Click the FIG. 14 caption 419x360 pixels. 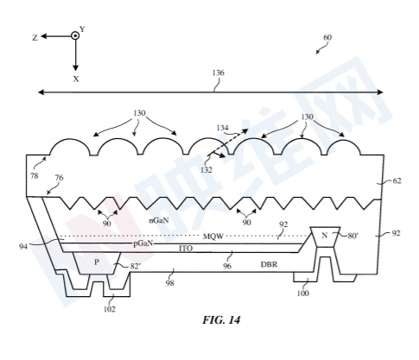pyautogui.click(x=221, y=320)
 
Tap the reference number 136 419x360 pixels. pyautogui.click(x=218, y=73)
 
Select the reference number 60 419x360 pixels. pyautogui.click(x=327, y=38)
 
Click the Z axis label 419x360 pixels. pyautogui.click(x=35, y=38)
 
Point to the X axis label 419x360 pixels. pyautogui.click(x=76, y=79)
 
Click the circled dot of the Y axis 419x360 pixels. pyautogui.click(x=75, y=35)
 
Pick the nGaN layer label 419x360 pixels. pyautogui.click(x=159, y=220)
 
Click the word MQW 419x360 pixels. pyautogui.click(x=213, y=237)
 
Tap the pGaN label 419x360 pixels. pyautogui.click(x=143, y=243)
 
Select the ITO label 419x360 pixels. pyautogui.click(x=186, y=249)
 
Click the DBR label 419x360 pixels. pyautogui.click(x=269, y=264)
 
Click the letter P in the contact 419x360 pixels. pyautogui.click(x=97, y=262)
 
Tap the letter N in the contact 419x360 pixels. pyautogui.click(x=325, y=236)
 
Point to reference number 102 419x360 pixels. pyautogui.click(x=110, y=309)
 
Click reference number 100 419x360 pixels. pyautogui.click(x=302, y=294)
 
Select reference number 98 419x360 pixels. pyautogui.click(x=170, y=283)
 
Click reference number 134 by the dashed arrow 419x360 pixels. pyautogui.click(x=223, y=128)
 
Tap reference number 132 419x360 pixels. pyautogui.click(x=206, y=170)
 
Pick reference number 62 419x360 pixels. pyautogui.click(x=397, y=181)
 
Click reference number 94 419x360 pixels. pyautogui.click(x=23, y=247)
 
